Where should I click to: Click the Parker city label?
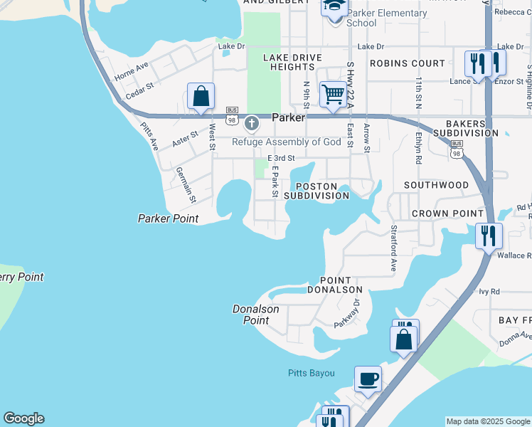288,117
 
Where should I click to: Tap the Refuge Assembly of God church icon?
251,125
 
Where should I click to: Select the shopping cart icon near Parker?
333,94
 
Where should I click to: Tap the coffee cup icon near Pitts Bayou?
368,379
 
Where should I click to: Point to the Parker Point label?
168,218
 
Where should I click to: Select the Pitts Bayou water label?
311,373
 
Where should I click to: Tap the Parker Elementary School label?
386,18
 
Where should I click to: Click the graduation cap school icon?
334,6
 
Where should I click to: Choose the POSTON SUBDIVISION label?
316,191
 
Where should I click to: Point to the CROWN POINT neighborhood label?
448,213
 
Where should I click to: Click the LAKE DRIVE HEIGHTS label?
292,62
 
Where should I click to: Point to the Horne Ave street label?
132,70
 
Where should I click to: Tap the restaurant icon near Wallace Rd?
489,236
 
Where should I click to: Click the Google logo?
23,418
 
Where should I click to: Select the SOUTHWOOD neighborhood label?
436,185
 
